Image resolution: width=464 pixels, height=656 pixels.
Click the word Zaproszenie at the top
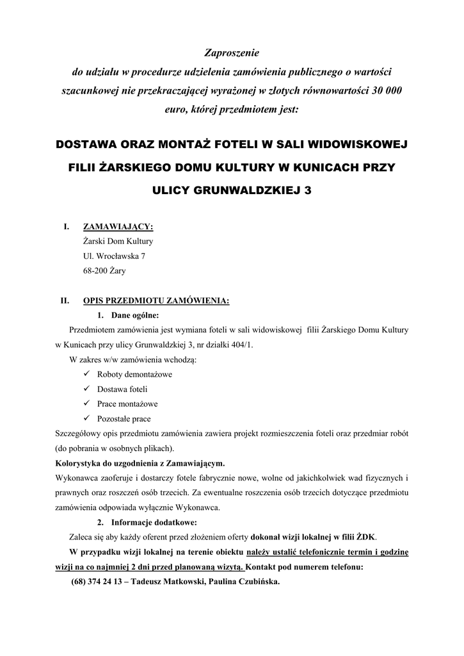tap(232, 52)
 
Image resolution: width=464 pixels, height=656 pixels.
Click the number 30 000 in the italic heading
tap(385, 90)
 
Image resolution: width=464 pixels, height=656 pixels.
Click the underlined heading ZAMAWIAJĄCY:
tap(118, 227)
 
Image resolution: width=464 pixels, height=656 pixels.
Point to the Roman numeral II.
tap(64, 299)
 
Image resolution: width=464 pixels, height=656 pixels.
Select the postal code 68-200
tap(95, 271)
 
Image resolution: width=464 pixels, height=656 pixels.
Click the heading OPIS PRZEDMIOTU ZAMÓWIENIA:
tap(156, 299)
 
